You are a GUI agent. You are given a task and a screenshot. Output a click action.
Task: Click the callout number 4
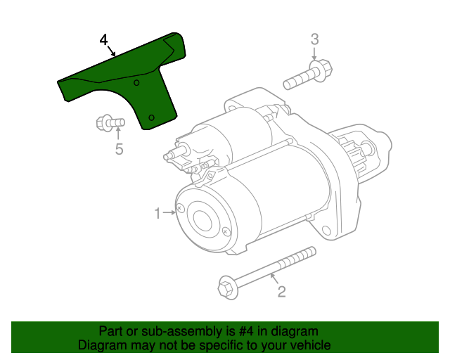click(x=103, y=39)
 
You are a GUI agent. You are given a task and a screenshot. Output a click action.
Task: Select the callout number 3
click(x=314, y=39)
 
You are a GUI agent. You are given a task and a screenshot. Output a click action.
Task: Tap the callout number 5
click(x=119, y=149)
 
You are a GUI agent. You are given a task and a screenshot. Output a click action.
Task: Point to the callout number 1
click(x=157, y=213)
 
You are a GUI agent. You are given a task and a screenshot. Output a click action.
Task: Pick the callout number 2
click(x=281, y=292)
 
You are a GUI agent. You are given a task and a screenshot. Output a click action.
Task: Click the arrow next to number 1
click(x=169, y=213)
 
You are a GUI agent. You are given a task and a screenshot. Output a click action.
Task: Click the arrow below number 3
click(x=314, y=54)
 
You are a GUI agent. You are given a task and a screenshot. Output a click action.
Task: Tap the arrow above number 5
click(x=118, y=134)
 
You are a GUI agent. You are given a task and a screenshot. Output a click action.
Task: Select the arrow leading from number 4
click(x=112, y=51)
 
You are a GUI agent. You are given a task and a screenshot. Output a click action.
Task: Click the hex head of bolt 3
click(x=323, y=69)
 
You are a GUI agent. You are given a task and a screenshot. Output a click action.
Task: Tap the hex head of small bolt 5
click(x=103, y=123)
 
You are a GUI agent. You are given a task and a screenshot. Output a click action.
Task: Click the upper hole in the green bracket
click(x=136, y=83)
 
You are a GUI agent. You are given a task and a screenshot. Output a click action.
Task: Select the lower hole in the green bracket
click(x=152, y=117)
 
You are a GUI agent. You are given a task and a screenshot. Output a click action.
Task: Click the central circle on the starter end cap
click(x=202, y=220)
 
